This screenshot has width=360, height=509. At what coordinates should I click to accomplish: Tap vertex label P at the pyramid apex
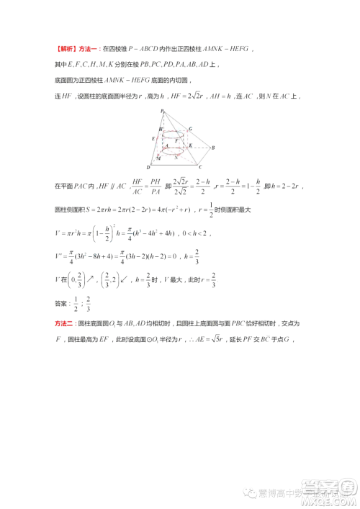pos(163,110)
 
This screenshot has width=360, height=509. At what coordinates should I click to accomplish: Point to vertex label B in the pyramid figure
pos(213,148)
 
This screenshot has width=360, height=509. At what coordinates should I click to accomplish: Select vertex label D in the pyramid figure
pos(148,168)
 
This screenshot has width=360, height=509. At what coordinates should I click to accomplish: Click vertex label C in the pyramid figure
pos(199,167)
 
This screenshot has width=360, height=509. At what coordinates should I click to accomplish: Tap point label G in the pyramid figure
pos(190,129)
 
